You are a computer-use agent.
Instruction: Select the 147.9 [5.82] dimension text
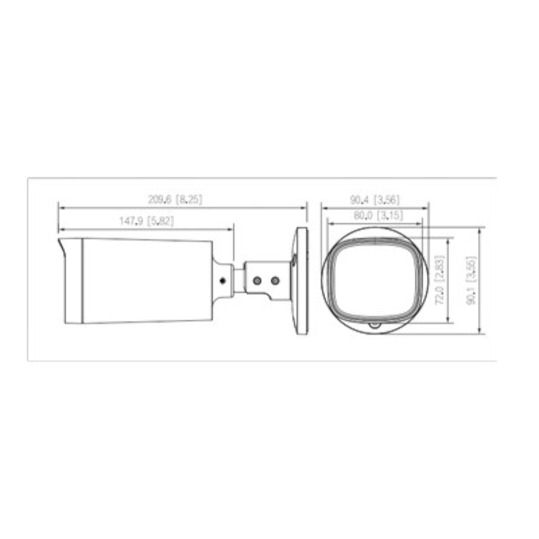(x=147, y=221)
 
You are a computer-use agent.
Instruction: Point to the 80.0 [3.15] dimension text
(x=374, y=215)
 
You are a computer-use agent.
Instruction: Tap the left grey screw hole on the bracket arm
(x=256, y=281)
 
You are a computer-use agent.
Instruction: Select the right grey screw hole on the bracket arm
(x=275, y=281)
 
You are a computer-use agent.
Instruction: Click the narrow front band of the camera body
(x=74, y=280)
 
